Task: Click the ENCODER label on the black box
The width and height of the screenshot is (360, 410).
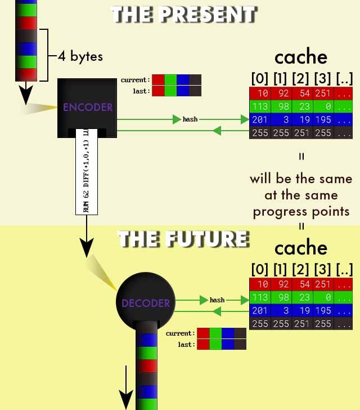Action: (x=88, y=107)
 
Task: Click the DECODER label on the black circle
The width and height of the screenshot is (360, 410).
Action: (x=146, y=303)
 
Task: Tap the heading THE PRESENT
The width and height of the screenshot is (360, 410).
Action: (x=184, y=14)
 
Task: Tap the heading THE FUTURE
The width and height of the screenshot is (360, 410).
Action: (x=183, y=239)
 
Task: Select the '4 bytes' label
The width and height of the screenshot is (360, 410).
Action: (x=80, y=56)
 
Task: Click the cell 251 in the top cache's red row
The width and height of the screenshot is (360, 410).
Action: (x=323, y=93)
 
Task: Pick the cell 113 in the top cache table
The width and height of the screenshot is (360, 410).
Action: (x=260, y=106)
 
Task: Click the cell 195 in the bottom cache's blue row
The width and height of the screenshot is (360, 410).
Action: (x=323, y=311)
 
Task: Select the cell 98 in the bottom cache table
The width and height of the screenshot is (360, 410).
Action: (x=282, y=297)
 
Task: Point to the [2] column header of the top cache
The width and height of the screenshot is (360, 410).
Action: (x=302, y=78)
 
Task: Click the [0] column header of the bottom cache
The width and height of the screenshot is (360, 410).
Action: (x=260, y=269)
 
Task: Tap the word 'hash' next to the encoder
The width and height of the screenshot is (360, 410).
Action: (x=190, y=119)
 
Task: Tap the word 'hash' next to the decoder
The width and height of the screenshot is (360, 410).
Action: (x=217, y=300)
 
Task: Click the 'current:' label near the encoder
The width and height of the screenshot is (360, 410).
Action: (x=136, y=80)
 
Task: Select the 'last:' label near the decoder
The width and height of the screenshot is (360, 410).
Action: (x=186, y=344)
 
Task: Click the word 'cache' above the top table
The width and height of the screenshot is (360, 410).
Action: (x=300, y=57)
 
